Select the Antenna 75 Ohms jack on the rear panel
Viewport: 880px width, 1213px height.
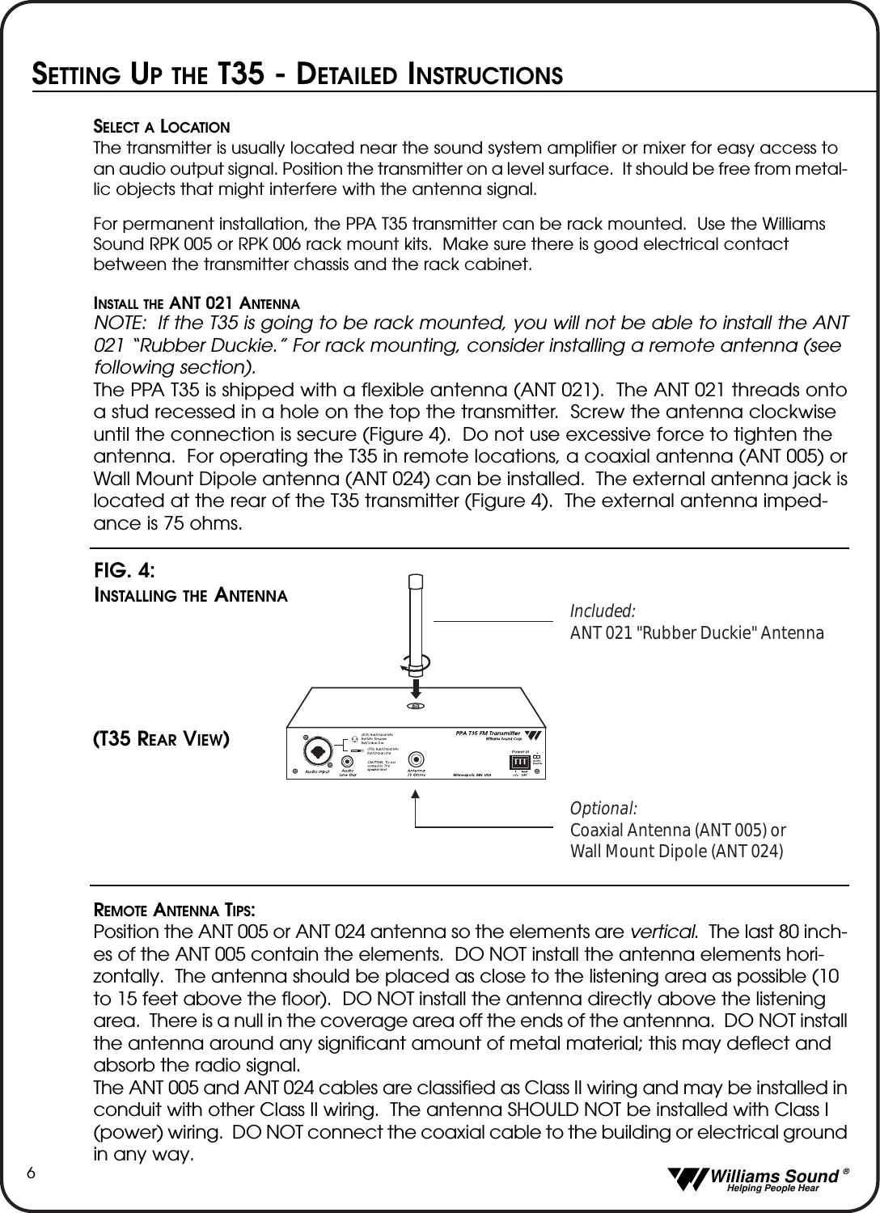click(x=416, y=759)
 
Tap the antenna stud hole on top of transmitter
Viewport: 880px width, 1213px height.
click(x=415, y=706)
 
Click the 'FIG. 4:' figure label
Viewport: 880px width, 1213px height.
click(x=125, y=570)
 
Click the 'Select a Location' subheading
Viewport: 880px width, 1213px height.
click(x=162, y=127)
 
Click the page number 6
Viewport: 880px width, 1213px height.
click(x=30, y=1173)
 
